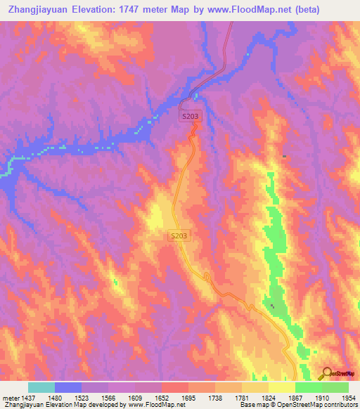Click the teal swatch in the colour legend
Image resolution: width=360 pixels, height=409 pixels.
(x=41, y=387)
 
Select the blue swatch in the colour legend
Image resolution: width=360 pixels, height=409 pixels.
(x=68, y=387)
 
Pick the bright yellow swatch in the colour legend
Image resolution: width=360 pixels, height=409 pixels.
(x=282, y=387)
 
